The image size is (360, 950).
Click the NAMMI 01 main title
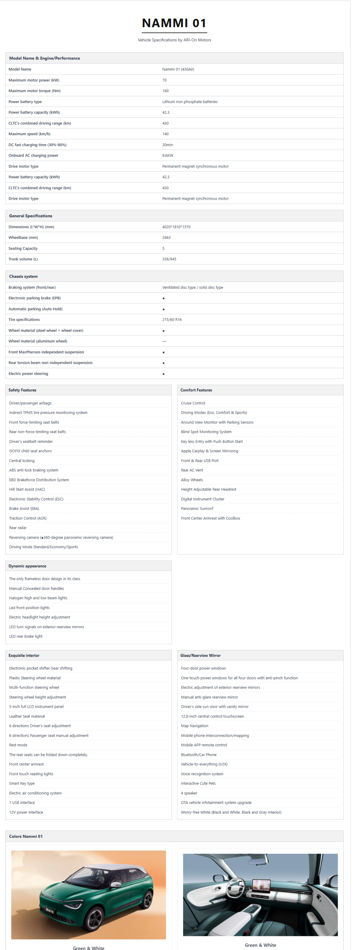pos(174,23)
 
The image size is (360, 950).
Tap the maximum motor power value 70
pos(164,80)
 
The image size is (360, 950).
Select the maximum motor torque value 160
pos(165,91)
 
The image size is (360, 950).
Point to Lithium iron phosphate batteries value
pos(190,102)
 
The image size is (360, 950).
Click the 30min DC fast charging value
pos(167,145)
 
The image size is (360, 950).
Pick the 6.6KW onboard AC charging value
pos(167,155)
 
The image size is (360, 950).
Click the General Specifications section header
pos(30,216)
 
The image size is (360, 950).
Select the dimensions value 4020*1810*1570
pos(176,227)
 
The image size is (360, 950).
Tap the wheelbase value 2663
pos(166,237)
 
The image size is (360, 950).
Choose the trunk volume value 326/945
pos(169,259)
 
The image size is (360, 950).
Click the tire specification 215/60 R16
pos(172,320)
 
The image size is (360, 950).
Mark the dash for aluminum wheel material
pos(164,341)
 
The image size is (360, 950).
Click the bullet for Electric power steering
pos(163,374)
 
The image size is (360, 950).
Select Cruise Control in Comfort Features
pos(193,403)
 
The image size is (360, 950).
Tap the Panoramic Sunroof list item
pos(197,508)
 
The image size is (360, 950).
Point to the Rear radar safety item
pos(18,528)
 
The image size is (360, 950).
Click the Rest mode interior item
pos(18,745)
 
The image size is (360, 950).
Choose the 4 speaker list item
pos(189,793)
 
